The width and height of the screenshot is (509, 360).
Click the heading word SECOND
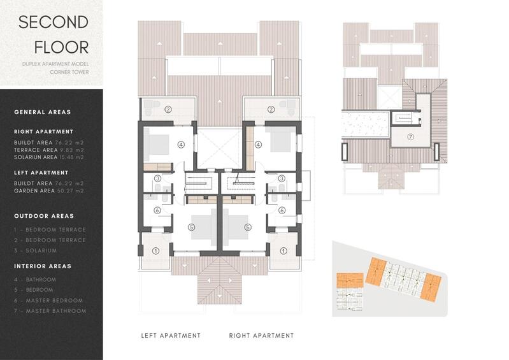coord(54,22)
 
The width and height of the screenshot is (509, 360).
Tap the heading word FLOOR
coord(61,47)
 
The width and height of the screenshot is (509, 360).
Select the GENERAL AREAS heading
coord(43,112)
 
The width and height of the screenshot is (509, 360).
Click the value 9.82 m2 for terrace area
coord(72,150)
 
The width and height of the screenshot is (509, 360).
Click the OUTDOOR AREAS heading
coord(44,216)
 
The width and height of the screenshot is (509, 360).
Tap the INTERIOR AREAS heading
coord(43,266)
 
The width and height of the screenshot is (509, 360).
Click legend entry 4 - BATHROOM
coord(35,279)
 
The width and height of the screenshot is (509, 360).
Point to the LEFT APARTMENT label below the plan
coord(171,336)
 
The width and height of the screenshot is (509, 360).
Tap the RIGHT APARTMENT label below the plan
coord(262,336)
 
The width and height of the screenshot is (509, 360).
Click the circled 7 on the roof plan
coord(410,136)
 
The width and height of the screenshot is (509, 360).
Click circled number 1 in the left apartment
coord(155,250)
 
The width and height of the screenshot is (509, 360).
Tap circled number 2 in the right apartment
coord(271,109)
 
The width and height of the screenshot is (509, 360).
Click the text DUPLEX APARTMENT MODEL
coord(55,64)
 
